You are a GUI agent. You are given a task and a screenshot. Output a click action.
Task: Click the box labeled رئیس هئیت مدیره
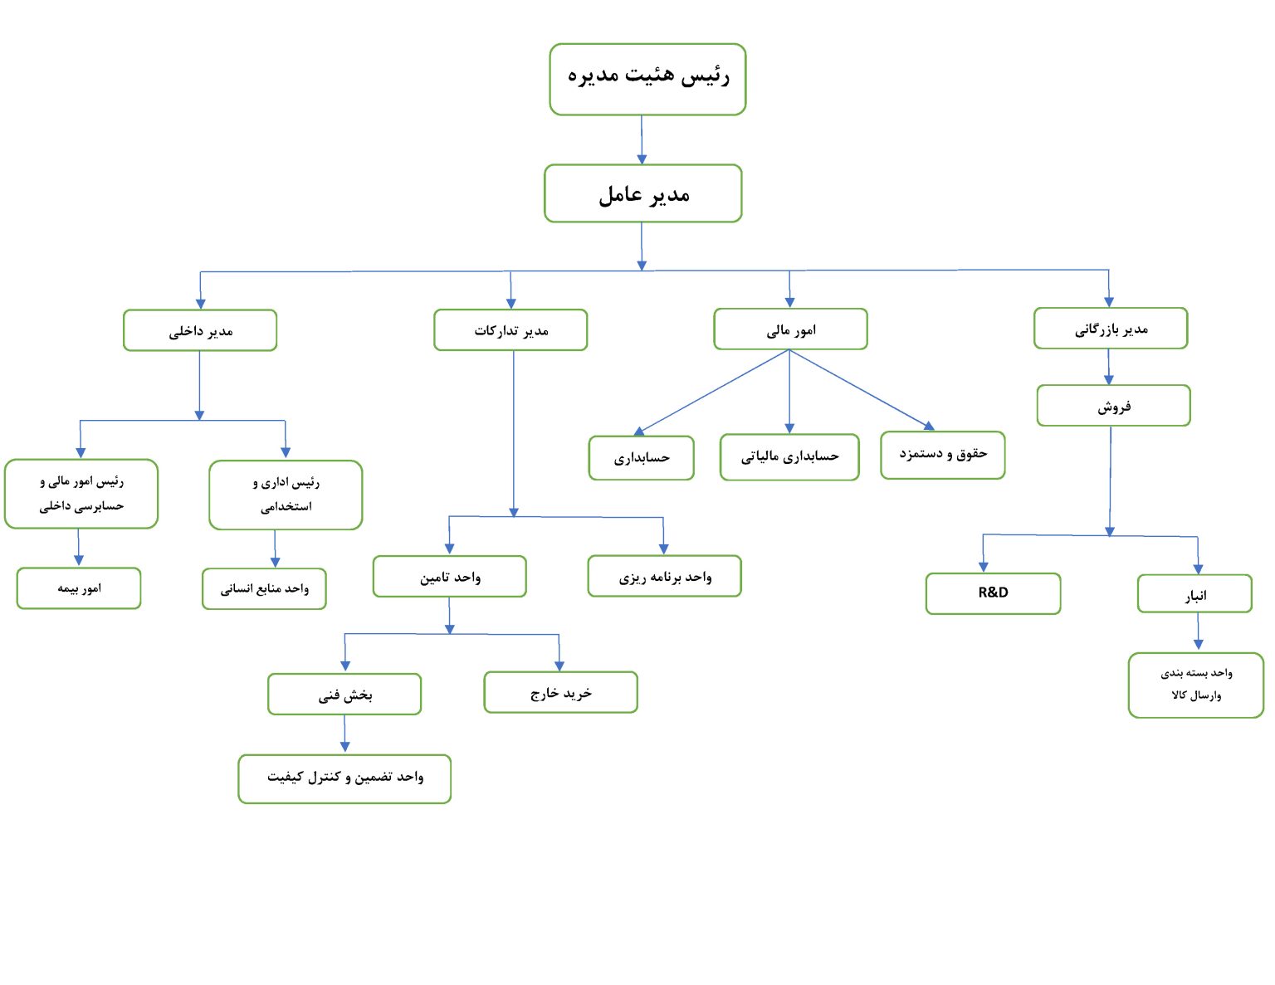pos(647,79)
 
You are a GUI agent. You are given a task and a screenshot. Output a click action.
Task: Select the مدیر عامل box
pos(642,193)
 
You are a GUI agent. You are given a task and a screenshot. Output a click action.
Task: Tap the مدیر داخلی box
pos(199,330)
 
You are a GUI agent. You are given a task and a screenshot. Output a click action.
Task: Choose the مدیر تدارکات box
pos(510,330)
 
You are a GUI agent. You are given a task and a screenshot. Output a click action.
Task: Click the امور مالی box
pos(790,329)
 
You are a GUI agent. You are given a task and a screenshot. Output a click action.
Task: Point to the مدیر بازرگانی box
pos(1111,329)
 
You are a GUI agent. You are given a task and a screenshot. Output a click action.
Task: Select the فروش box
pos(1114,405)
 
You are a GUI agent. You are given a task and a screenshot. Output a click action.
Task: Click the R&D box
pos(993,593)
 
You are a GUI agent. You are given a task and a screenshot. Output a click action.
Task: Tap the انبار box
pos(1194,593)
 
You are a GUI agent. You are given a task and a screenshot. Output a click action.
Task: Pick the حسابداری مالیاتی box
pos(789,456)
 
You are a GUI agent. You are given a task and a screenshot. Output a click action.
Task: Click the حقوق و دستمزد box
pos(942,455)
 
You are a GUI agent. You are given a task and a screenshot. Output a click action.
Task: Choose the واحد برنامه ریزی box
pos(664,576)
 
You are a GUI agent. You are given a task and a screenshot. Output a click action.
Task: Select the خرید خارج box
pos(560,692)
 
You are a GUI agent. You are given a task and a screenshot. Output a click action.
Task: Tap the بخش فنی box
pos(344,694)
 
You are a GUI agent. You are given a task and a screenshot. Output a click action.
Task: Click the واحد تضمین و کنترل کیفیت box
pos(344,778)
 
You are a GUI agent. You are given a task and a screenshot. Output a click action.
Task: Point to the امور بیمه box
pos(79,588)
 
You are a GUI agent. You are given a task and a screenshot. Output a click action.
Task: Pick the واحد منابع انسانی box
pos(264,588)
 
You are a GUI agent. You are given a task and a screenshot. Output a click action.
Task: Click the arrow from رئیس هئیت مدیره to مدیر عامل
pos(642,139)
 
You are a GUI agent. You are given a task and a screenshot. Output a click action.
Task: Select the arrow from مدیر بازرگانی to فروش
pos(1108,367)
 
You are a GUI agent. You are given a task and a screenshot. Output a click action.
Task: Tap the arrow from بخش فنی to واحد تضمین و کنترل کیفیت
pos(344,734)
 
